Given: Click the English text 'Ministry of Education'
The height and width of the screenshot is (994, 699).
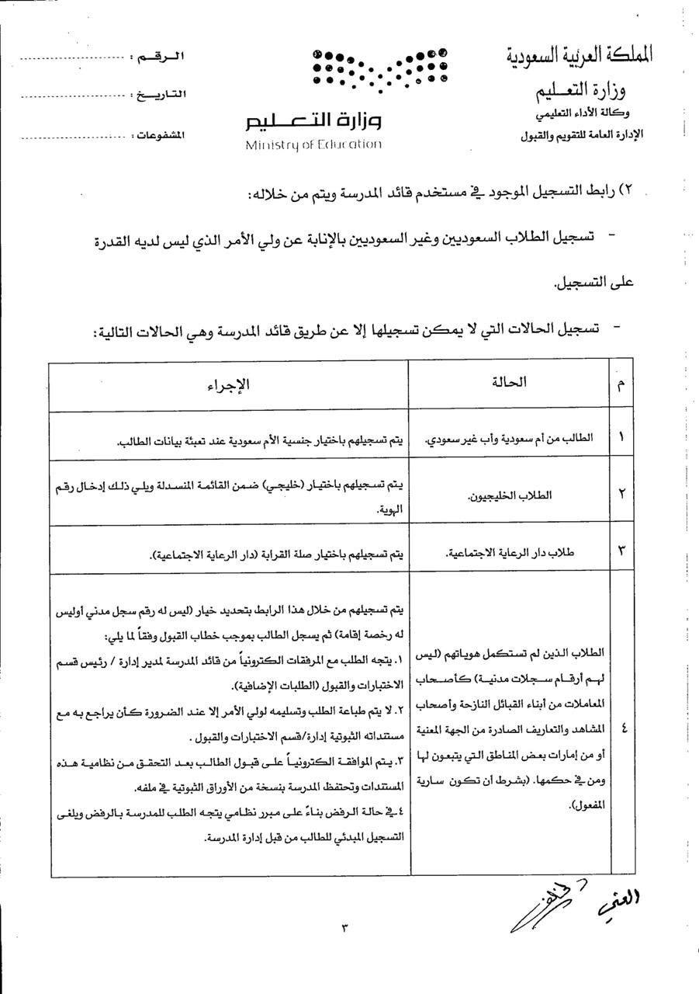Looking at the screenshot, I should pos(313,144).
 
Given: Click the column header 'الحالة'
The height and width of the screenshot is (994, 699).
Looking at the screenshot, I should pos(510,382).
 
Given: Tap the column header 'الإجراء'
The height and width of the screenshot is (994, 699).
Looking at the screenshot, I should pos(228,385).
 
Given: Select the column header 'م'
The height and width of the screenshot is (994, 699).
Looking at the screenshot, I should pos(621,386).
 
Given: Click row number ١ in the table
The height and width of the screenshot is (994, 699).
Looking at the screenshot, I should pos(621,436).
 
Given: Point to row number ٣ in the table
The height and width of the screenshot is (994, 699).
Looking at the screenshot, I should pos(621,551).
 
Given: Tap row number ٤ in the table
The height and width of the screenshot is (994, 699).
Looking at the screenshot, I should pos(621,728).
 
